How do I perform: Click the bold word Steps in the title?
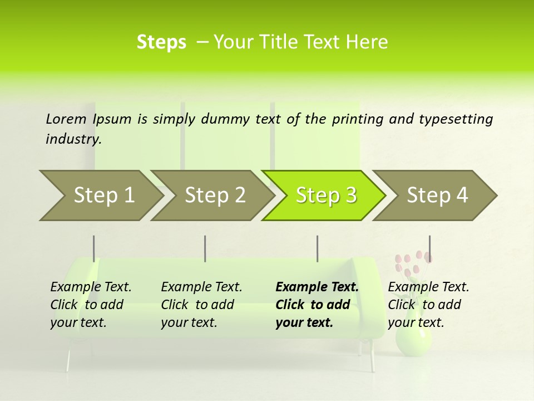click(161, 42)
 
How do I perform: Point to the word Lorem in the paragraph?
click(66, 119)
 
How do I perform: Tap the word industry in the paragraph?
click(73, 139)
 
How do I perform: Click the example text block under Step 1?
click(91, 305)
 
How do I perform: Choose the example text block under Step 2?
click(201, 305)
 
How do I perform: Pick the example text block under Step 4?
click(428, 305)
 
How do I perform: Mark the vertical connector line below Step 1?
click(93, 248)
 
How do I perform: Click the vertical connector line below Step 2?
click(205, 248)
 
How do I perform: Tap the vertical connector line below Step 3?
click(317, 248)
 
